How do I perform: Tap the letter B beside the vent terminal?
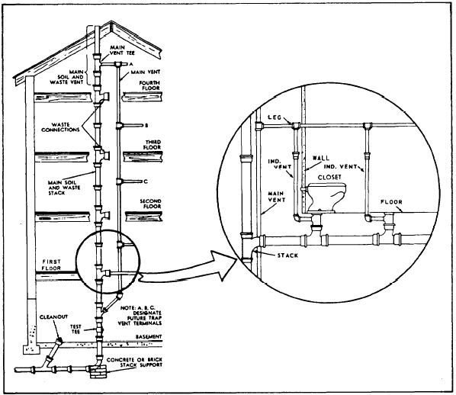[145, 124]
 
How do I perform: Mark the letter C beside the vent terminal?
[145, 181]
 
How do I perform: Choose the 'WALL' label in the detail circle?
[322, 157]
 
